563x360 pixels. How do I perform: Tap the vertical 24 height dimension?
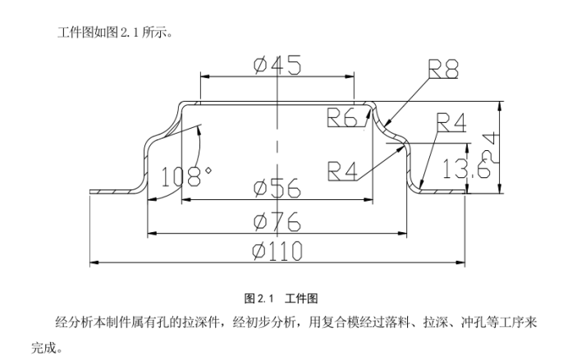pos(489,146)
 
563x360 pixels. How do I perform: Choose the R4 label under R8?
pos(451,122)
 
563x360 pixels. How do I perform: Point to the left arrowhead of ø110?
pos(93,262)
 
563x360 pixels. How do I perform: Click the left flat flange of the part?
pos(111,190)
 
